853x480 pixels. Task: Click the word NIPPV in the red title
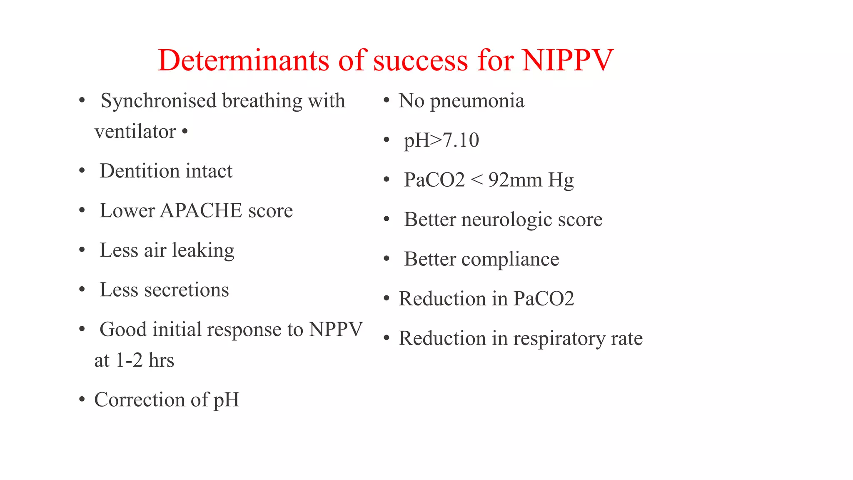tap(568, 61)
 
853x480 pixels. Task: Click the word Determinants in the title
tap(243, 61)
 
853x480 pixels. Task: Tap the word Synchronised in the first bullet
tap(159, 101)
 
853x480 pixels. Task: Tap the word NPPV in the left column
tap(336, 330)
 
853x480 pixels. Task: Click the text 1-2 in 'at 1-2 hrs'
tap(129, 360)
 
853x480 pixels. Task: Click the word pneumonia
tap(477, 101)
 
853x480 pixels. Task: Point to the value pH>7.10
tap(441, 140)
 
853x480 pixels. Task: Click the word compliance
tap(510, 259)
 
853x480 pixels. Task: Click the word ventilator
tap(135, 132)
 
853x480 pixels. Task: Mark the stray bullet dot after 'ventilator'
tap(185, 132)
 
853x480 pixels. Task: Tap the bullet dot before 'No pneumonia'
tap(387, 100)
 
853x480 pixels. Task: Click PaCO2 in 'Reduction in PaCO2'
tap(544, 299)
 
